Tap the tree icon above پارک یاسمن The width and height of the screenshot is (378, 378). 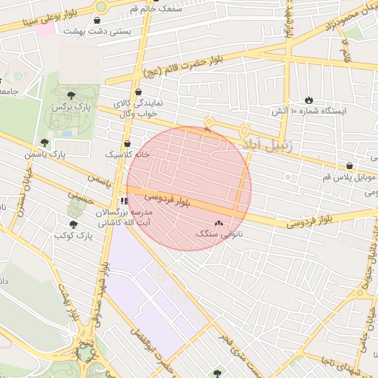coord(44,142)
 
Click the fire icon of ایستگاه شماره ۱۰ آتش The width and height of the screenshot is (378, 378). coord(308,100)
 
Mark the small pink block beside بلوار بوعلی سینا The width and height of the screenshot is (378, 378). coord(46,30)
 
